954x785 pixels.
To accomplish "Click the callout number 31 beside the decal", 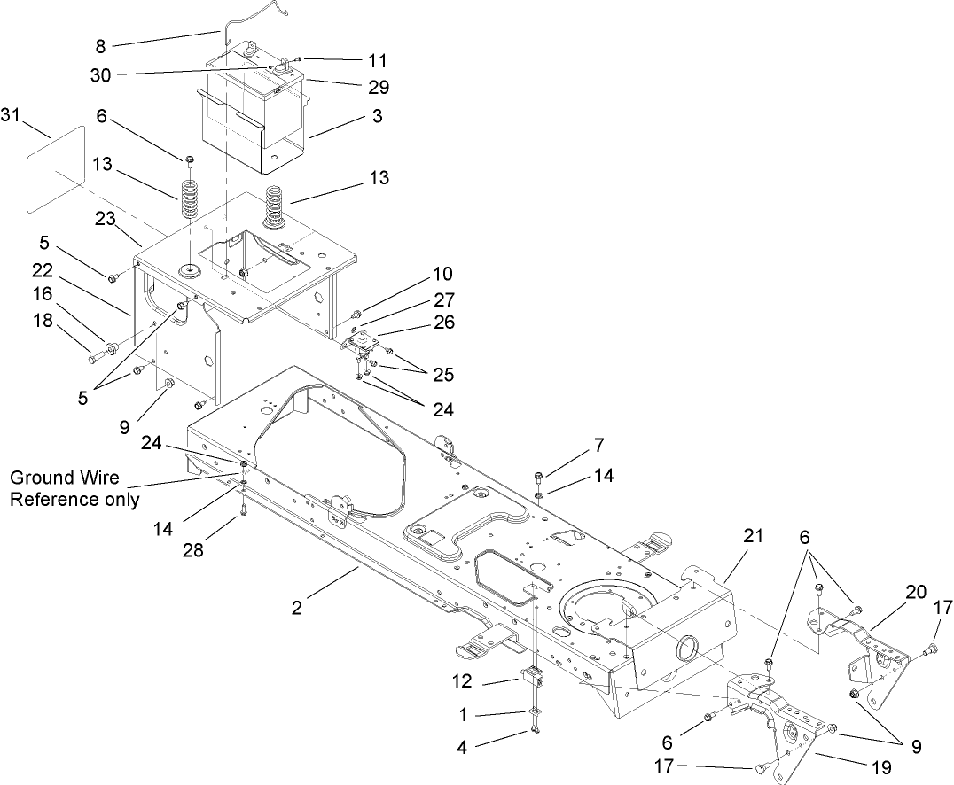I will (12, 116).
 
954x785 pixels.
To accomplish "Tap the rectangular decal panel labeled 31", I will (56, 169).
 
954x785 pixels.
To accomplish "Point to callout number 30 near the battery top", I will (100, 75).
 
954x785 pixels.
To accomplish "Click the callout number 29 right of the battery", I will (379, 87).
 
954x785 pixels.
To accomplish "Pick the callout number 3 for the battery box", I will (377, 117).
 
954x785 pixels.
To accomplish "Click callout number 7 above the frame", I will (599, 443).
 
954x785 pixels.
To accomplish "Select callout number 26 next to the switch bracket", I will (445, 323).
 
